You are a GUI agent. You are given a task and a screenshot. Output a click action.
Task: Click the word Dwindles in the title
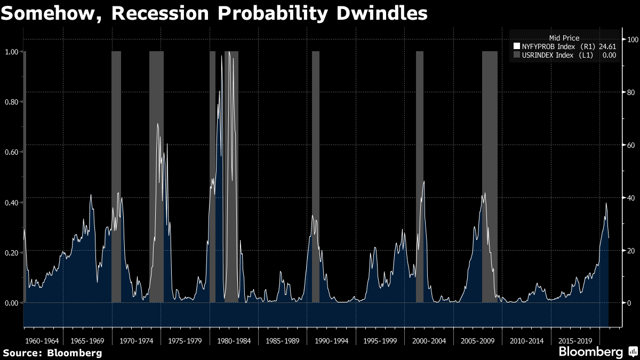[x=382, y=13]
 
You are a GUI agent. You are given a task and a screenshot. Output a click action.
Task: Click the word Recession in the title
[x=160, y=13]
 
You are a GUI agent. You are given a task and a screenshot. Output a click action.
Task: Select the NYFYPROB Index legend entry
[x=565, y=46]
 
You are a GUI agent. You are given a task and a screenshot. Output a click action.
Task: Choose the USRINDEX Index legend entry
[x=565, y=55]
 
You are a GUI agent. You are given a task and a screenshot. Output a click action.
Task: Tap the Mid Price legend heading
[x=564, y=38]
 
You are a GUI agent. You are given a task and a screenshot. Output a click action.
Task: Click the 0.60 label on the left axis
[x=11, y=152]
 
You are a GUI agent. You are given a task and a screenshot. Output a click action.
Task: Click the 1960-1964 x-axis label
[x=42, y=341]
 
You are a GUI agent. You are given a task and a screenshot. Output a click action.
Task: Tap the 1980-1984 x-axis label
[x=234, y=341]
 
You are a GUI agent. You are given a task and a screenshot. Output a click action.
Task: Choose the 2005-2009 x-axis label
[x=478, y=341]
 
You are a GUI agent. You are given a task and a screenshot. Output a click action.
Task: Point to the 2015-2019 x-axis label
[x=575, y=341]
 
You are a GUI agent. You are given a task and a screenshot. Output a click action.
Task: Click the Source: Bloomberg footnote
[x=53, y=353]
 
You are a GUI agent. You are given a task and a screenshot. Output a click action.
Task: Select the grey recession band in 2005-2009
[x=490, y=177]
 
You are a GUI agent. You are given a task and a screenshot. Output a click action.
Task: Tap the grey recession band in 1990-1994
[x=315, y=177]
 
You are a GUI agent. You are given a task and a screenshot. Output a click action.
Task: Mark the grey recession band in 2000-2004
[x=419, y=177]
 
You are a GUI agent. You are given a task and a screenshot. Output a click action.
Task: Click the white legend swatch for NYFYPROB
[x=517, y=46]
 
